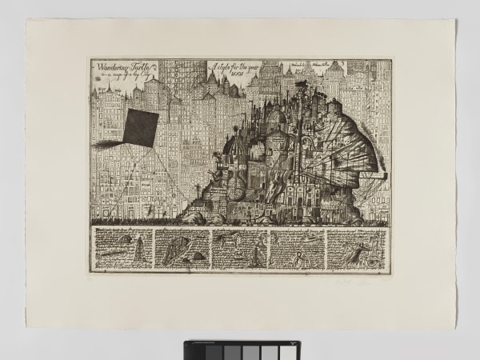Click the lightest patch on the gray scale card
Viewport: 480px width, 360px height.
195,350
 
